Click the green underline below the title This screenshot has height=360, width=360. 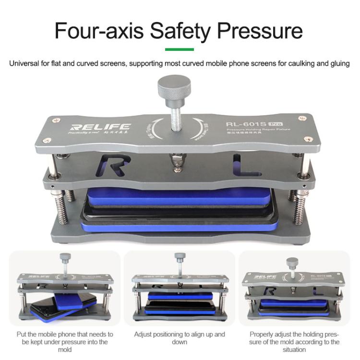[x=180, y=49]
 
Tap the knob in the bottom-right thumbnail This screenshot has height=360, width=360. [x=292, y=263]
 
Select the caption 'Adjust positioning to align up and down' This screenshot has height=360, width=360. [x=180, y=338]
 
